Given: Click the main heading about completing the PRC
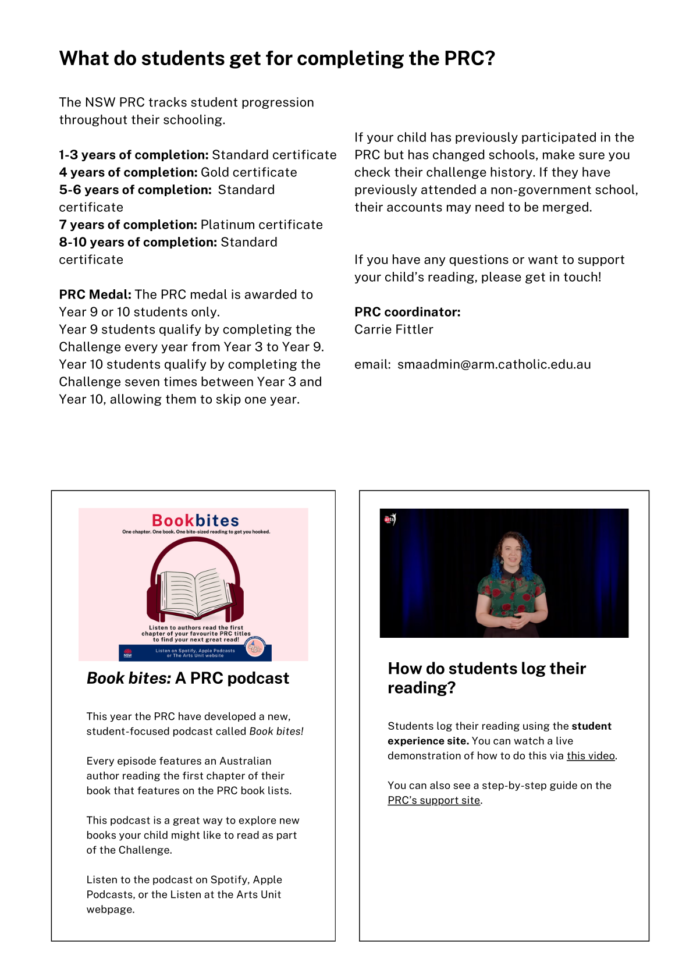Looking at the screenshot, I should tap(277, 58).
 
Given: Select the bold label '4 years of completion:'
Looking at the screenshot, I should tap(128, 172).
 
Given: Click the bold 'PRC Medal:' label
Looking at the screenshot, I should tap(95, 294).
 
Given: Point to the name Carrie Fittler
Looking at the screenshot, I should tap(393, 329).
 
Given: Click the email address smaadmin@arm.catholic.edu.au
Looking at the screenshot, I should tap(493, 364).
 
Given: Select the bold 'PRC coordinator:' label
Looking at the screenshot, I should tap(407, 312).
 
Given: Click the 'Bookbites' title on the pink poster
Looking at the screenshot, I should tap(196, 520).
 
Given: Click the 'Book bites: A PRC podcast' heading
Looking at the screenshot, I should tap(187, 678).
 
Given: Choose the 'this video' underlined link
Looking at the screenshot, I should tap(591, 756).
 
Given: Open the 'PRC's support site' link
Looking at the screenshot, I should tap(434, 800).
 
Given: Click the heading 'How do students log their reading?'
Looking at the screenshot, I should tap(486, 678).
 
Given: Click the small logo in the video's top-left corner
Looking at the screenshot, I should tap(389, 519).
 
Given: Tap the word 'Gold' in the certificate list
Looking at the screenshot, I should tap(215, 172).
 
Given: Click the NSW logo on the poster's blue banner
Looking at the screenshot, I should tap(127, 654).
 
